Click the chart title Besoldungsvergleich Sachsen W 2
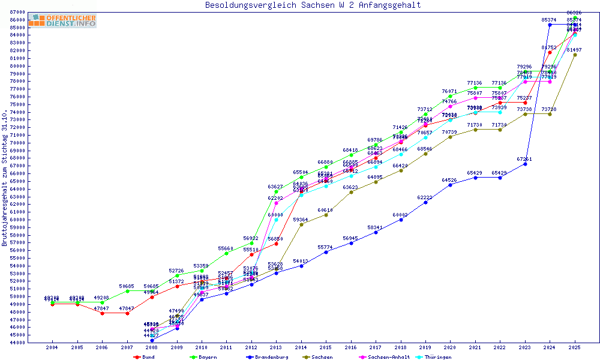tap(313, 5)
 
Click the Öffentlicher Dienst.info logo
tap(62, 20)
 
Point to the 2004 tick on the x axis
tap(52, 347)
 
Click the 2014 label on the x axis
tap(301, 347)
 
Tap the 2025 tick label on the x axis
tap(575, 347)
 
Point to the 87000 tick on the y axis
tap(17, 11)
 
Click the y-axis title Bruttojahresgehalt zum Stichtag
tap(5, 178)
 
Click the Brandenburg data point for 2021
tap(475, 178)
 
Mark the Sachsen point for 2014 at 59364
tap(301, 224)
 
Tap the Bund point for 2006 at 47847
tap(102, 313)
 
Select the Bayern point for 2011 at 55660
tap(226, 253)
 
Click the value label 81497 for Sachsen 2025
tap(575, 50)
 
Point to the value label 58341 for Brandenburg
tap(376, 227)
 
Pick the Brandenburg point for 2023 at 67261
tap(525, 164)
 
